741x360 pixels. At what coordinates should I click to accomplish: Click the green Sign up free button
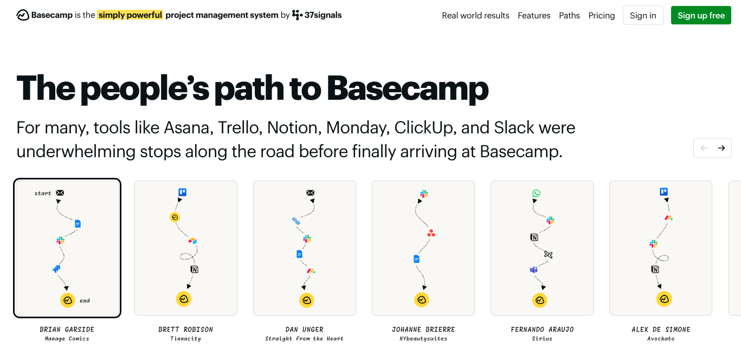(701, 15)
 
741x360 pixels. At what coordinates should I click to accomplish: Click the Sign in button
(643, 15)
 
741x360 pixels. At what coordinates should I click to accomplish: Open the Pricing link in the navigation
(601, 15)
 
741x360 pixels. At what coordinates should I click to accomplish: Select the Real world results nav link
(475, 15)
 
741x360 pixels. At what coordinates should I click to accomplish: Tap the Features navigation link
(534, 15)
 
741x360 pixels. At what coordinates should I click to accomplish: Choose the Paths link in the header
(569, 15)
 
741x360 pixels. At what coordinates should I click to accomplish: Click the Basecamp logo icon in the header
(23, 15)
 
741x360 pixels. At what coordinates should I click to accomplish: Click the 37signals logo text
(323, 15)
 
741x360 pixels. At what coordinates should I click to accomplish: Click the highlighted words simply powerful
(130, 15)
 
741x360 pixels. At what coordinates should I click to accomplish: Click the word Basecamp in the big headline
(408, 88)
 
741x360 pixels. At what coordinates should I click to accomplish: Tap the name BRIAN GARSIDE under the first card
(67, 329)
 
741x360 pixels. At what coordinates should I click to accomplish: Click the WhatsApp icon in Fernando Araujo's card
(537, 194)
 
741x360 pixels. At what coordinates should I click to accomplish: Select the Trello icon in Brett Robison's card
(183, 192)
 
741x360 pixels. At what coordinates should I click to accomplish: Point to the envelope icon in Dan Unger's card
(310, 192)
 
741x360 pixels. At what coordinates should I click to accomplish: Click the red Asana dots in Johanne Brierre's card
(431, 233)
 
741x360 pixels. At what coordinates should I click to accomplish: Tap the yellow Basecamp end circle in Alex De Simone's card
(664, 299)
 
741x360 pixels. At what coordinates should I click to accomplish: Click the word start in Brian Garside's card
(43, 193)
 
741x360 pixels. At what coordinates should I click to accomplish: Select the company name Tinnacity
(185, 339)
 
